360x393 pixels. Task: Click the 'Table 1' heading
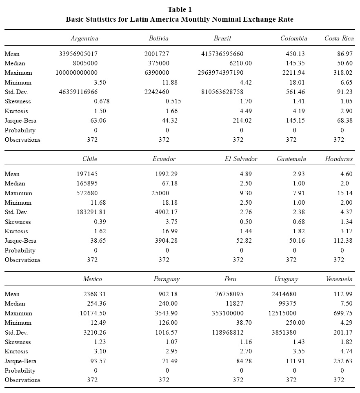tap(180, 9)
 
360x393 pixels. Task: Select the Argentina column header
tap(84, 38)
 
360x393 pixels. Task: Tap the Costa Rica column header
tap(339, 38)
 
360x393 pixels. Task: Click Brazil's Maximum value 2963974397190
tap(226, 73)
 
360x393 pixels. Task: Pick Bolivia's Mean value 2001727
tap(157, 54)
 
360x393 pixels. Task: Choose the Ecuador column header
tap(164, 159)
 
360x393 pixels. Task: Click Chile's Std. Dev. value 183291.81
tap(91, 212)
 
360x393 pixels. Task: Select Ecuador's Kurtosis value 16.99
tap(168, 231)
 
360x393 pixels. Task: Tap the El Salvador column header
tap(241, 159)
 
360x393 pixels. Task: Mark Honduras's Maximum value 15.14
tap(343, 193)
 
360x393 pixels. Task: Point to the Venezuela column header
tap(339, 279)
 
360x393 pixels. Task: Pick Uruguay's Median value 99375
tap(288, 304)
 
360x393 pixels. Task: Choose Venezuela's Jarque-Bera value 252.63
tap(343, 361)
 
